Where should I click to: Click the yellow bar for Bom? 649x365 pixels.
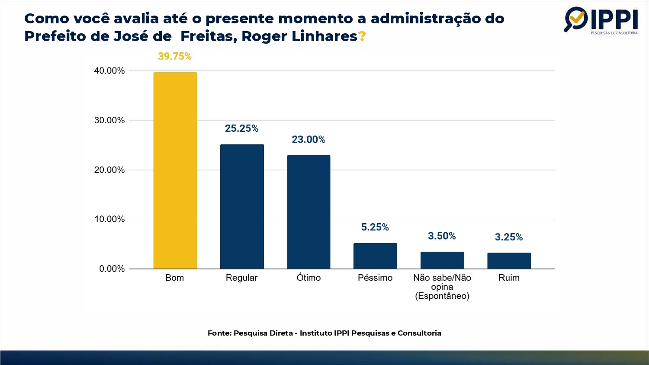click(175, 170)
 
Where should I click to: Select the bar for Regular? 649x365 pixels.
click(242, 206)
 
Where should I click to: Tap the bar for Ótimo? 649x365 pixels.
click(308, 212)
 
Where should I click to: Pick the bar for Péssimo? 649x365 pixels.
click(375, 256)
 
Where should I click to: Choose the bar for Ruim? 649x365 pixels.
click(509, 261)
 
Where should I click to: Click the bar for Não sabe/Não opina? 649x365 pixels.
click(442, 260)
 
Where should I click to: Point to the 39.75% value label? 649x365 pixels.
click(174, 56)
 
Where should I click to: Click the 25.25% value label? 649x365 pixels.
click(241, 128)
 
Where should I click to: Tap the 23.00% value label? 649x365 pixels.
click(308, 139)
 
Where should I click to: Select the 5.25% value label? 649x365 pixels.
click(375, 227)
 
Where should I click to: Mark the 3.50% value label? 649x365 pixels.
click(442, 236)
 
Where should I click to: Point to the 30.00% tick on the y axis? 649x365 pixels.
click(109, 120)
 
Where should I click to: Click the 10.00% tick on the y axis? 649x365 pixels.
click(109, 219)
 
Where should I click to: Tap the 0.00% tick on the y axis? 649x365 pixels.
click(112, 269)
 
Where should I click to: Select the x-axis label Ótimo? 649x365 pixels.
click(308, 278)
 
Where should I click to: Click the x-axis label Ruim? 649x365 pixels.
click(509, 278)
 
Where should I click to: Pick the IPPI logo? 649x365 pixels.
click(601, 20)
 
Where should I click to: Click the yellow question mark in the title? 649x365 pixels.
click(362, 36)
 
